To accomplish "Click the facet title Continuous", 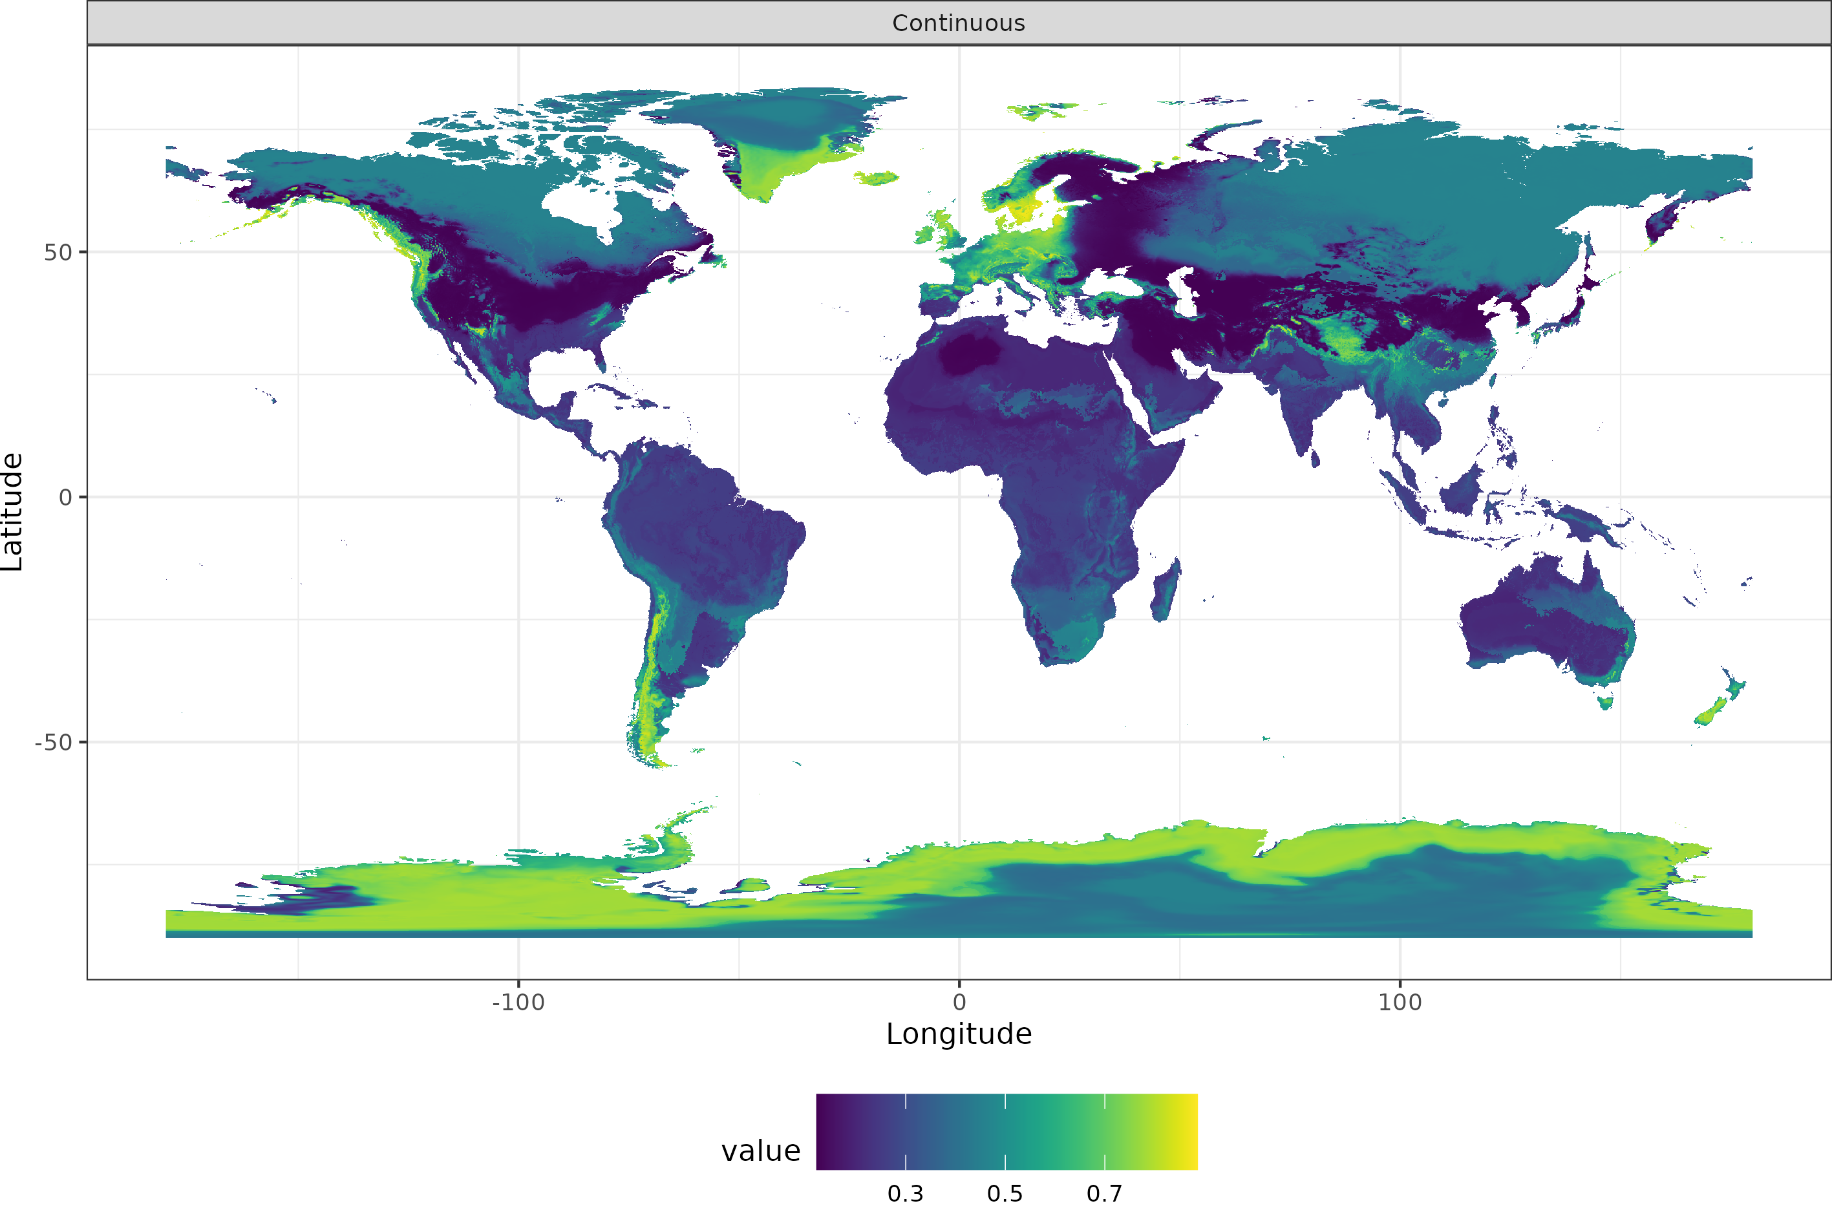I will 959,23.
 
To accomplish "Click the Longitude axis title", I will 959,1034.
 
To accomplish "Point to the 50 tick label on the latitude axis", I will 58,252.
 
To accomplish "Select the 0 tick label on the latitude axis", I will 65,498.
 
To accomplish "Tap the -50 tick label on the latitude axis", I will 53,743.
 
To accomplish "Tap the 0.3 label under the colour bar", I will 906,1194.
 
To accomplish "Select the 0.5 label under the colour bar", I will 1005,1194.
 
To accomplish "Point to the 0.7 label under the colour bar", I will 1105,1194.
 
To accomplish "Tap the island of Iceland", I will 877,178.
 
